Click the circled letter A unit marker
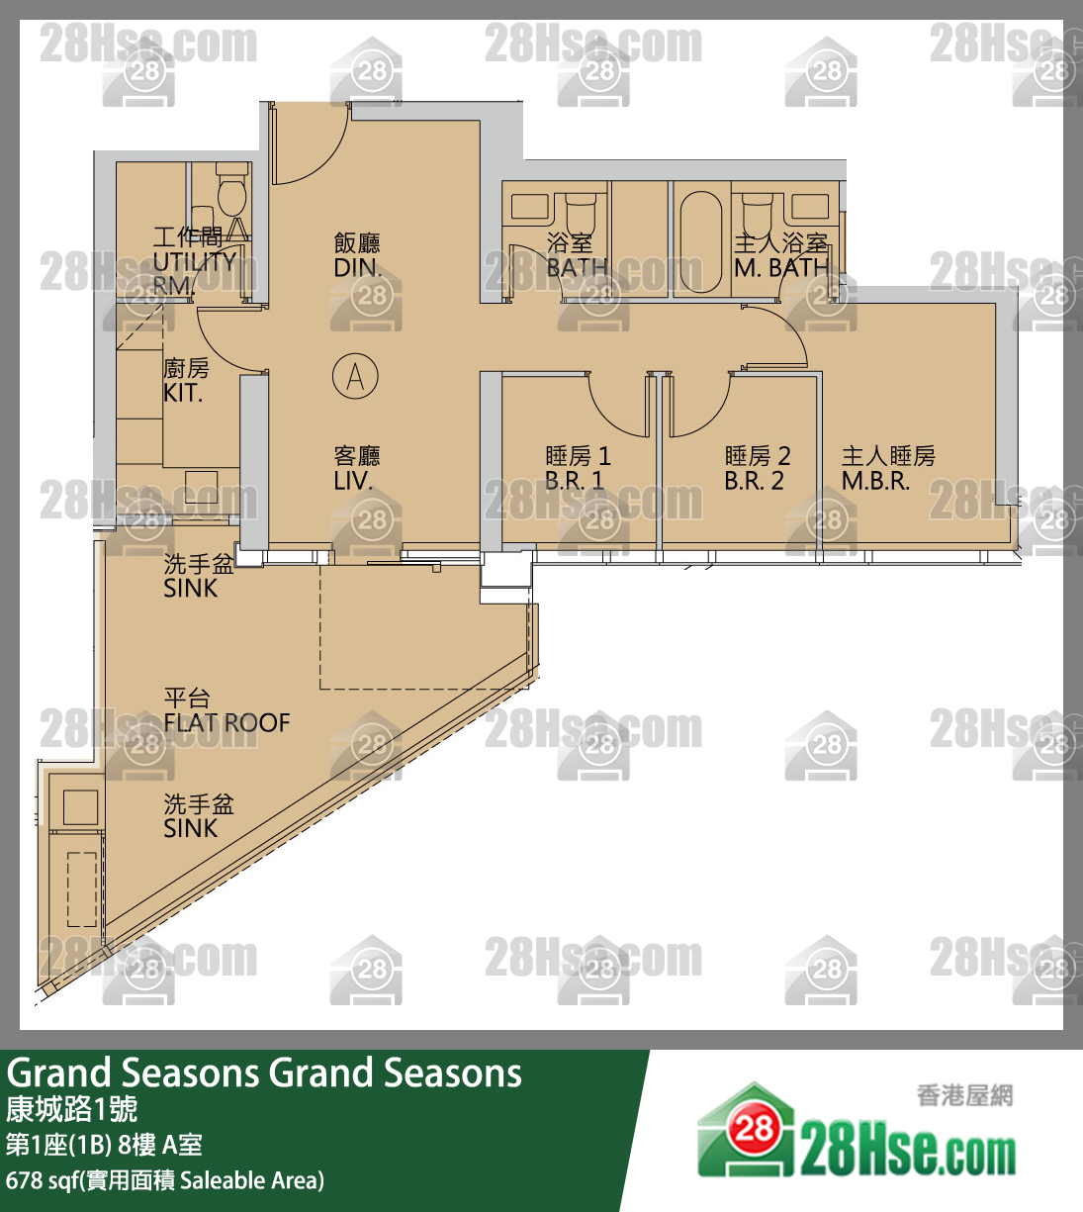click(x=355, y=377)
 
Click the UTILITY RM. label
click(x=193, y=261)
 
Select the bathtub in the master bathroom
click(x=700, y=241)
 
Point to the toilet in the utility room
click(x=232, y=192)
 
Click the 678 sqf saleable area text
click(x=164, y=1180)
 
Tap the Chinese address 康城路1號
click(x=71, y=1109)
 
